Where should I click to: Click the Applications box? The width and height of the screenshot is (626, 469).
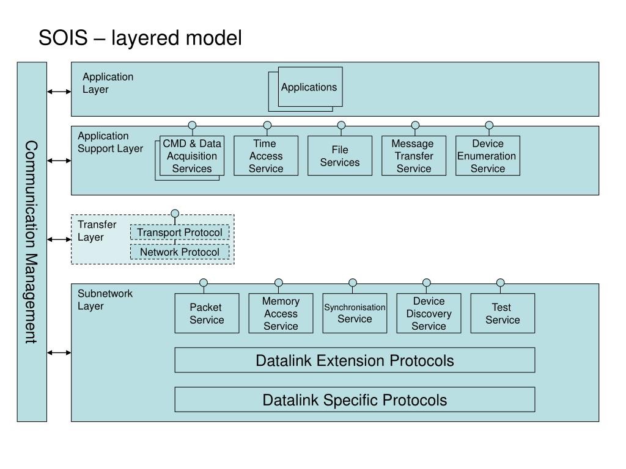point(310,87)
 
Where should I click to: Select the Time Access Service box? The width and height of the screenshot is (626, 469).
point(266,156)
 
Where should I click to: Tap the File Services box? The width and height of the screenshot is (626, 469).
point(340,156)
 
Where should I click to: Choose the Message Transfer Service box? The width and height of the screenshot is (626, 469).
point(414,156)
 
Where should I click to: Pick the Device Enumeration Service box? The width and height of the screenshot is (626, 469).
point(487,156)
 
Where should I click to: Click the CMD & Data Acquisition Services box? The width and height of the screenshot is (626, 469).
point(191,156)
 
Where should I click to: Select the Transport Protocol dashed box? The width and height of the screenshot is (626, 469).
point(180,232)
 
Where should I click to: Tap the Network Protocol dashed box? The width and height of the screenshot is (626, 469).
point(180,252)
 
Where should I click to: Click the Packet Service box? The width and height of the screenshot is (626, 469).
point(207,313)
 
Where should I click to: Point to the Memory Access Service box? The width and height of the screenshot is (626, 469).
point(281,313)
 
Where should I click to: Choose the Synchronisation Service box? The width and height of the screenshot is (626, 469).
point(355,313)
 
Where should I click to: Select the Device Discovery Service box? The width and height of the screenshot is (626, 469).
point(429,313)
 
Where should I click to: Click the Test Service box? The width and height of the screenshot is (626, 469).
point(503,313)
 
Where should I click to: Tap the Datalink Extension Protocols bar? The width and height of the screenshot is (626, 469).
point(355,360)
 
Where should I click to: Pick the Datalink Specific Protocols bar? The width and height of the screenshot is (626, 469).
point(355,399)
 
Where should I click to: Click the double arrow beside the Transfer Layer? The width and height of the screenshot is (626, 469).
point(59,239)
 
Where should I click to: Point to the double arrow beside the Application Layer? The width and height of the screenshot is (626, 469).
point(59,92)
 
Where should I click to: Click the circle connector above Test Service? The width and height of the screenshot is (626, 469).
point(500,283)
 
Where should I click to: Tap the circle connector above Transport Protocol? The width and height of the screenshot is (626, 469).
point(175,213)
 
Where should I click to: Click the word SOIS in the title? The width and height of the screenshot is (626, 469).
point(63,38)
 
